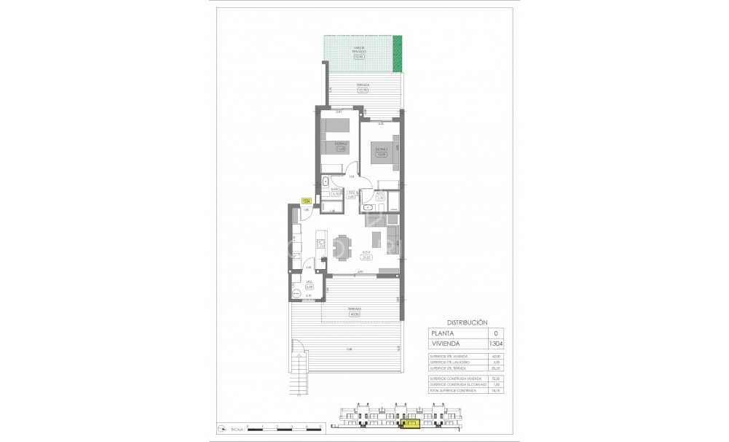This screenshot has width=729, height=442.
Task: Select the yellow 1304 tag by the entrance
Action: tap(307, 202)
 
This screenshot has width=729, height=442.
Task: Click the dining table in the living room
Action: tap(340, 247)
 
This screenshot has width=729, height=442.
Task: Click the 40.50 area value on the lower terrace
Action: tap(355, 314)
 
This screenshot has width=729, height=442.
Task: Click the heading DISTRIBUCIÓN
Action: tap(465, 322)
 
